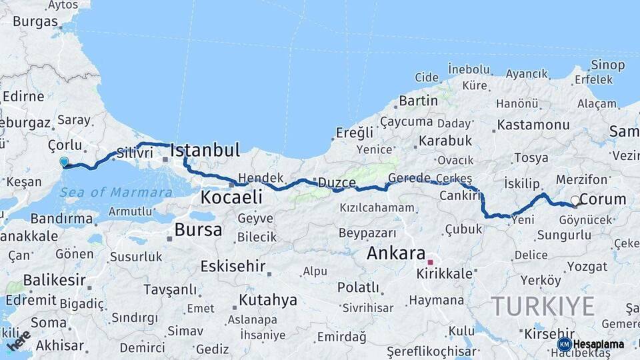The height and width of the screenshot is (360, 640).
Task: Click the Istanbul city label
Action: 205,150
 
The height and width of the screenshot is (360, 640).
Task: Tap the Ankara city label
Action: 396,253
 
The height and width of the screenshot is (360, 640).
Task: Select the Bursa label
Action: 198,231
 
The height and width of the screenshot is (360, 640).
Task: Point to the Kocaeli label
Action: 231,197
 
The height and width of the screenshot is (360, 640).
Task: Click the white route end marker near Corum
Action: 575,200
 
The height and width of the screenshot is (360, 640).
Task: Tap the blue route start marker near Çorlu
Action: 64,161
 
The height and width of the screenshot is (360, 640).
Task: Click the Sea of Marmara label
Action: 117,193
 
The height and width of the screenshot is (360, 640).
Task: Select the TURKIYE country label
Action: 543,307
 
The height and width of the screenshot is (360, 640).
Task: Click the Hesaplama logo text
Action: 598,344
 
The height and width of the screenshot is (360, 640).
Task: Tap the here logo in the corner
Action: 19,340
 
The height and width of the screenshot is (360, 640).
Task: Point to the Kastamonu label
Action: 533,125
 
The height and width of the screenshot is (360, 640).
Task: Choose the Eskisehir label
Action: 233,266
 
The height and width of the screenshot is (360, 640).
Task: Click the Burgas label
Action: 35,21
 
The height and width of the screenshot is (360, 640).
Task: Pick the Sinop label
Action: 607,65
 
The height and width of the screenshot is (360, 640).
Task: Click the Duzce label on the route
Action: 337,182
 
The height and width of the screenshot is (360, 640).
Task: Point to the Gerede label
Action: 409,178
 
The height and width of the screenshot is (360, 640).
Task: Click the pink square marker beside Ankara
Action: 431,262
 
